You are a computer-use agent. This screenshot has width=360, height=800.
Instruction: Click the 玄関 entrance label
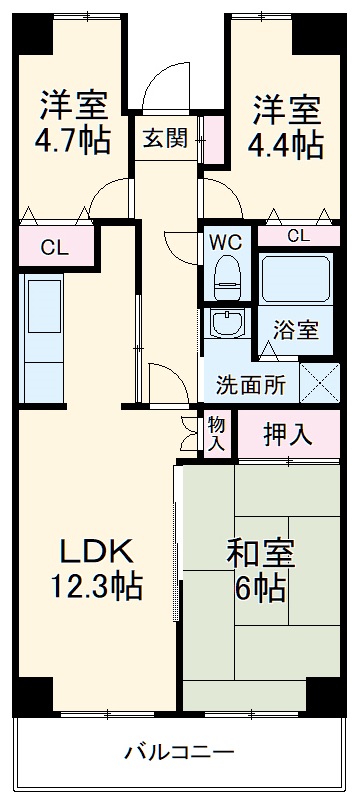tap(165, 139)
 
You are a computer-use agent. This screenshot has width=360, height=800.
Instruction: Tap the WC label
tap(224, 241)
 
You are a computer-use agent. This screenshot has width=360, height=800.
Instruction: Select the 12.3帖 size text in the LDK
tap(97, 585)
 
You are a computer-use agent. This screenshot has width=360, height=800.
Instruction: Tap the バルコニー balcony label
tap(180, 751)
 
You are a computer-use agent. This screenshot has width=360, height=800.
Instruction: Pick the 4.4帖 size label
tap(286, 143)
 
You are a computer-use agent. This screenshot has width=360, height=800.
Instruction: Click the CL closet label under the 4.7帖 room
tap(55, 248)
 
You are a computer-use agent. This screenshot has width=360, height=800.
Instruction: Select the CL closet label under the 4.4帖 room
tap(298, 236)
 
